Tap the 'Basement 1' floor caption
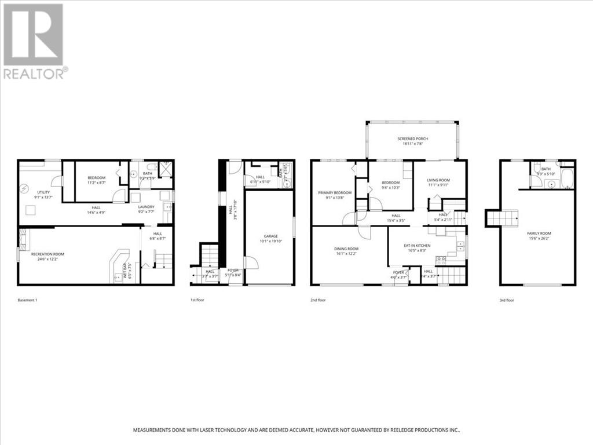tap(28, 300)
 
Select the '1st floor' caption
tap(197, 300)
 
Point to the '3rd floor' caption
tap(507, 300)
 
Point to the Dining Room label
tap(347, 249)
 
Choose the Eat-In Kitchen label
tap(418, 245)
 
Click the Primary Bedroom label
tap(335, 192)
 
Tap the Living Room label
tap(438, 180)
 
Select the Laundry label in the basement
tap(146, 207)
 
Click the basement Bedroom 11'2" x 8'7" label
tap(97, 178)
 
